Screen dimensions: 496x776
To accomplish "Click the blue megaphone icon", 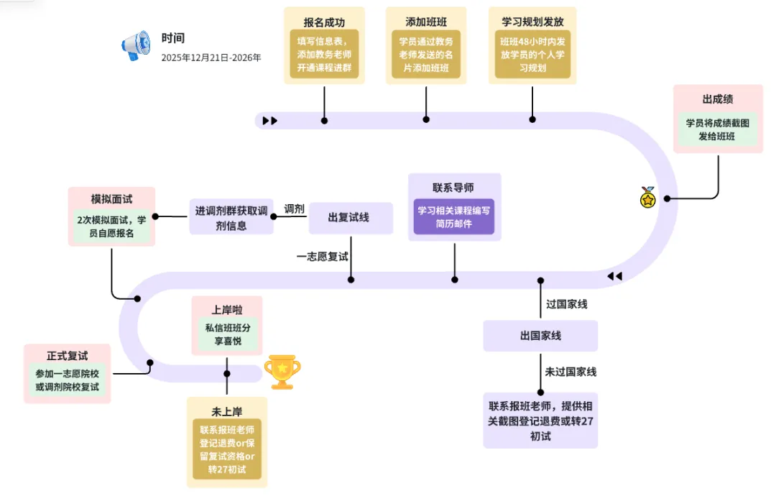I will (x=135, y=45).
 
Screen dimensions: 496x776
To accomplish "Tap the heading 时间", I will (x=173, y=38).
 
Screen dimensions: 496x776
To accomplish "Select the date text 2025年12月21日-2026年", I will (x=211, y=58).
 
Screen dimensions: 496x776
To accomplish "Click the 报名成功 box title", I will (x=324, y=22).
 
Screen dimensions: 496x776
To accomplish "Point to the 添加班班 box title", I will (x=426, y=22).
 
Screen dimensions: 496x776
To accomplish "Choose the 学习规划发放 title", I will (x=532, y=22).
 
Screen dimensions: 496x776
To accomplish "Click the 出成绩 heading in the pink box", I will (x=717, y=98).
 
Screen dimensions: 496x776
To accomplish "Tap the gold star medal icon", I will (x=648, y=197).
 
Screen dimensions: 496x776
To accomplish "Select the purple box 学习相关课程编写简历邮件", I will (x=454, y=217).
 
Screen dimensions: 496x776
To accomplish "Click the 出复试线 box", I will (x=350, y=217).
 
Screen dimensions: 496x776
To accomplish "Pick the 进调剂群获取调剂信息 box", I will (x=231, y=217).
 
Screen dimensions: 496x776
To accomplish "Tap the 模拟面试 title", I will (x=111, y=198).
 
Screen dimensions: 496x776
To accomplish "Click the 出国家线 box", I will (x=540, y=336).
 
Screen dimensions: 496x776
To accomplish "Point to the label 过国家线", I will (x=566, y=304).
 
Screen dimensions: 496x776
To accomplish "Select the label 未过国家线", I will (x=571, y=372).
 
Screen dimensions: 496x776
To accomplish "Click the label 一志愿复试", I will (x=323, y=256).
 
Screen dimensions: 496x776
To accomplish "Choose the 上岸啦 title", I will (x=226, y=310).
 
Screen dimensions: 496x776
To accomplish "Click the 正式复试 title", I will (x=68, y=356).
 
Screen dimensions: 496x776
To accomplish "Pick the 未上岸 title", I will (x=226, y=412).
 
